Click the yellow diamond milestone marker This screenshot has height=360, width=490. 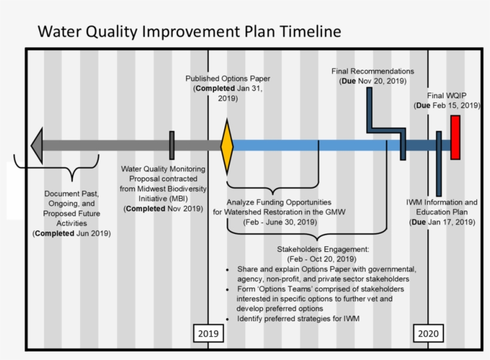[x=227, y=146]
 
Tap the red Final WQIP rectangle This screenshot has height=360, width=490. [x=455, y=138]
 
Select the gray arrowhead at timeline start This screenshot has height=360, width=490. [x=37, y=145]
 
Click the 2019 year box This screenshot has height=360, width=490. [x=209, y=334]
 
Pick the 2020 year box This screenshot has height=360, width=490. [x=428, y=334]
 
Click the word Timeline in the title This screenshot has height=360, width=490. [x=310, y=31]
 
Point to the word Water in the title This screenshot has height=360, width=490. [x=60, y=31]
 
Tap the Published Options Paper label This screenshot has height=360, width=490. [x=228, y=78]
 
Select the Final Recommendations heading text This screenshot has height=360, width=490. [x=373, y=71]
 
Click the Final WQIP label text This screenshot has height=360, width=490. [x=446, y=96]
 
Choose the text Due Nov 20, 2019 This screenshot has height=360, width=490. [x=373, y=81]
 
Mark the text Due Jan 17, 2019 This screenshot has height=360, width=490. [x=442, y=222]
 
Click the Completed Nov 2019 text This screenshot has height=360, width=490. [x=163, y=209]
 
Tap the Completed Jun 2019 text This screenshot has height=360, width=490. [x=72, y=233]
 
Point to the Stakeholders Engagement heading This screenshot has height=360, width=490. [x=323, y=249]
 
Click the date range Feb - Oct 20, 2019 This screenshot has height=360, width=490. [x=322, y=259]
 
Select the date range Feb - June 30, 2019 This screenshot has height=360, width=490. [x=280, y=222]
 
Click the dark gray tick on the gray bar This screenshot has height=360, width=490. [x=171, y=145]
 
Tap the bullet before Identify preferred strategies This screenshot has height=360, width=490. [x=227, y=319]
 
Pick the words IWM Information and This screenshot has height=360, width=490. [x=442, y=202]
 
